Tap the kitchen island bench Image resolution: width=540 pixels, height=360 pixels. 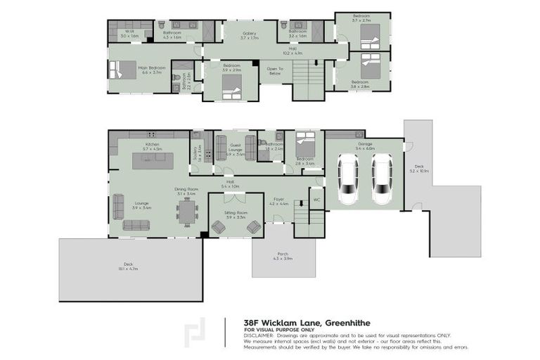[153, 161]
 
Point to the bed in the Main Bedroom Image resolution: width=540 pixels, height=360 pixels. [122, 70]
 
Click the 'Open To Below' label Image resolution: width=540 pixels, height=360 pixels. [275, 70]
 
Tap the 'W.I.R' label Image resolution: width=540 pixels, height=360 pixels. [129, 31]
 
